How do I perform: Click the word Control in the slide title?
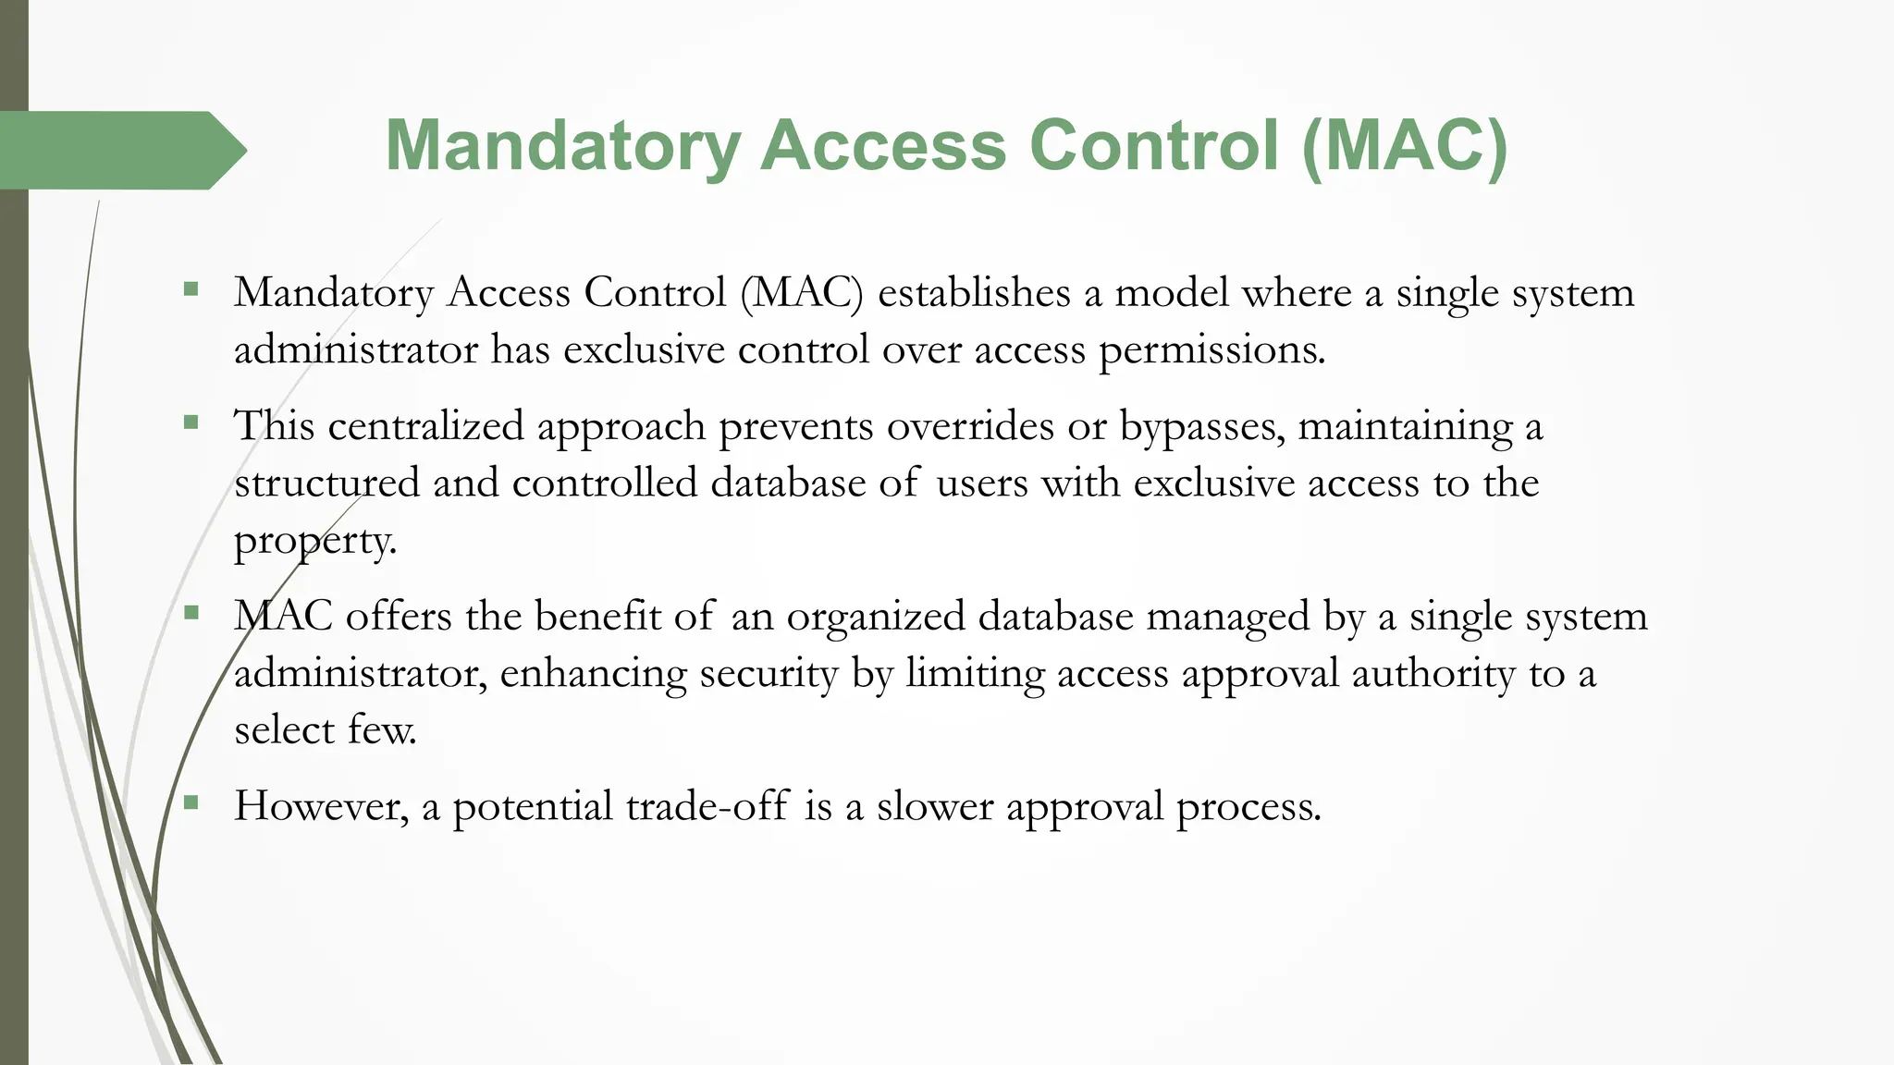pos(1155,146)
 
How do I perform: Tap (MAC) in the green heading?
pos(1405,146)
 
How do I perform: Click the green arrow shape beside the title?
pos(120,150)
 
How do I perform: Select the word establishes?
pos(974,293)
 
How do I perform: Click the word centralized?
pos(425,426)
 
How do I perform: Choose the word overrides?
pos(970,426)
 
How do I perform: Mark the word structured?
pos(326,484)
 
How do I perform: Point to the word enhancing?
pos(593,674)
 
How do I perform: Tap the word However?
pos(321,806)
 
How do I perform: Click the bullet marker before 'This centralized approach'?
pos(191,423)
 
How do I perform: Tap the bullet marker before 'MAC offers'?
pos(191,613)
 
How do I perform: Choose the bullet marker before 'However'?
pos(191,802)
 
